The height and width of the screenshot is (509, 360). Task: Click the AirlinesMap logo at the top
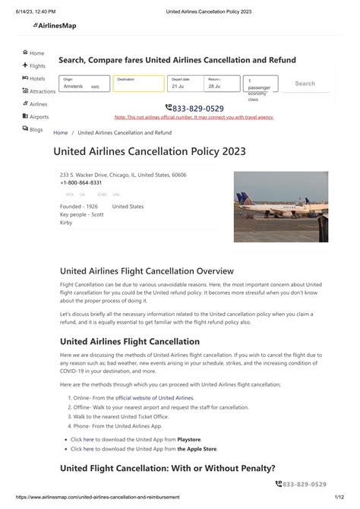[55, 26]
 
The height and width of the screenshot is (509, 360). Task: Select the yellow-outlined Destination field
[138, 84]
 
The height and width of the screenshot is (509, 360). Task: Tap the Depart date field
[185, 84]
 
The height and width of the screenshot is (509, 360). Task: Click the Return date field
[221, 84]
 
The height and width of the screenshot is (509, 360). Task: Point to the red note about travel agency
[194, 117]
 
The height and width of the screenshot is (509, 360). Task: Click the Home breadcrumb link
[60, 132]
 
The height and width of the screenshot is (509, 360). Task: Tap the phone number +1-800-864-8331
[81, 183]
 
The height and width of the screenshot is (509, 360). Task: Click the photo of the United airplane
[280, 207]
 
